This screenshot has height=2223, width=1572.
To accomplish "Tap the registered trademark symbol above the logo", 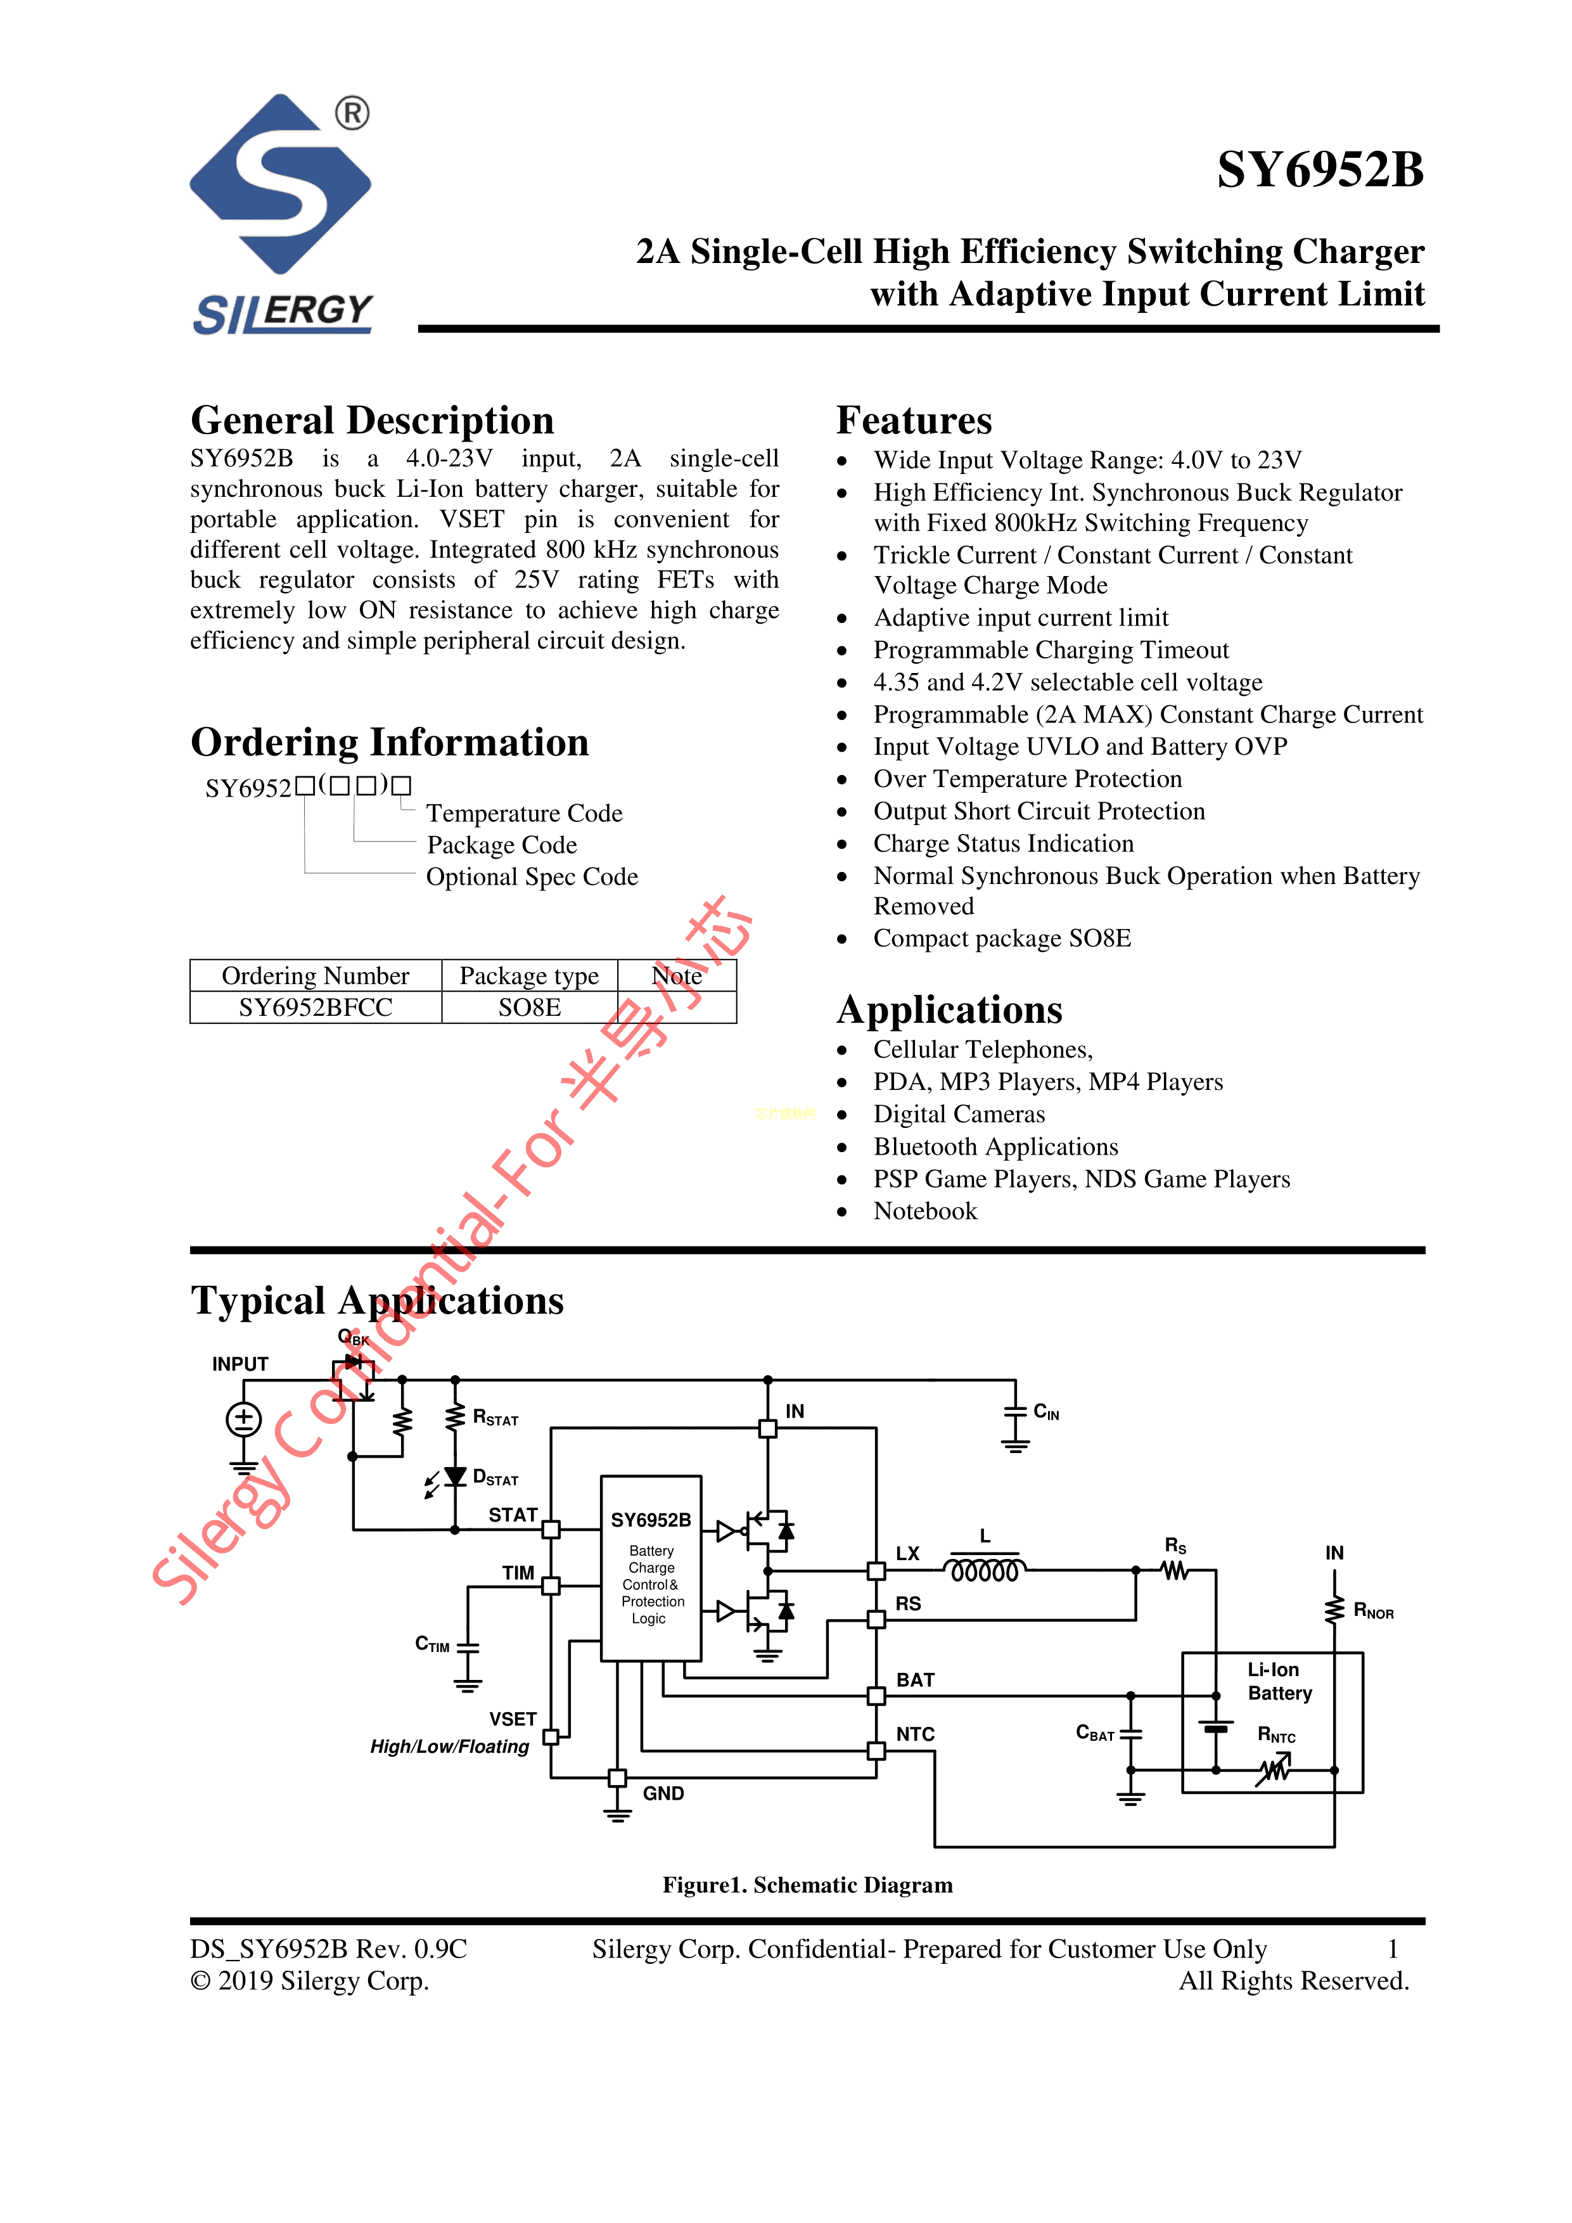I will coord(352,113).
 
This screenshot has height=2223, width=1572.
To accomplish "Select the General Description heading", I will coord(372,420).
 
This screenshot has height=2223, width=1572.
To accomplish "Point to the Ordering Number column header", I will coord(316,975).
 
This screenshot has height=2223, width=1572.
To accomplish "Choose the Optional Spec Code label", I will coord(532,876).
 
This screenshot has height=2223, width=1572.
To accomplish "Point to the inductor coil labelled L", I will coord(985,1570).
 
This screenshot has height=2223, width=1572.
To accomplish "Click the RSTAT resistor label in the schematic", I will coord(495,1418).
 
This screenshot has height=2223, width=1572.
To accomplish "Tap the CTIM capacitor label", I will coord(431,1644).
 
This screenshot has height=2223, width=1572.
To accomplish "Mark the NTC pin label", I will coord(915,1734).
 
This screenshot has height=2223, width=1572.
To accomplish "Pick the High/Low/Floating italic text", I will coord(449,1746).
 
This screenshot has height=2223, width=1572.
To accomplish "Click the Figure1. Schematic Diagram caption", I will coord(807,1885).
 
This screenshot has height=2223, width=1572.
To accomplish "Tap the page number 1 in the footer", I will coord(1392,1949).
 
